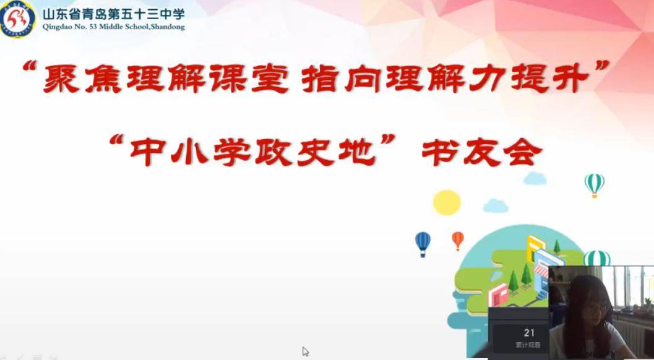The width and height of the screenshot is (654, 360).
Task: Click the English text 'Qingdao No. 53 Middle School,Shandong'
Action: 113,27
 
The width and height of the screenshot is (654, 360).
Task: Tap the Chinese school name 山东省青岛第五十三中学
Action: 113,14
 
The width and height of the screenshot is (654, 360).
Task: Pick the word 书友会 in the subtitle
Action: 481,150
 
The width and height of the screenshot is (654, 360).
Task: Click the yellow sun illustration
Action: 447,202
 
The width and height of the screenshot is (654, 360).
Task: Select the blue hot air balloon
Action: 423,242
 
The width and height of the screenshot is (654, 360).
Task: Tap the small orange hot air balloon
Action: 458,239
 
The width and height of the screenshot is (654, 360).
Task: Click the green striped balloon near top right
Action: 594,184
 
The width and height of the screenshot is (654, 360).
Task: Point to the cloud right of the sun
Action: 495,205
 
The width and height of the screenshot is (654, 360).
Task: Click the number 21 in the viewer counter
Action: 529,333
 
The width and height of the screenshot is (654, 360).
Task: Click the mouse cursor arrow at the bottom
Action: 305,351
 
